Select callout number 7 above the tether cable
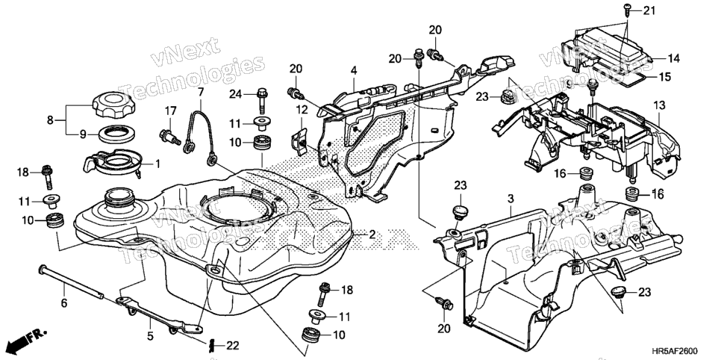point(201,92)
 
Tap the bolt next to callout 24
point(262,99)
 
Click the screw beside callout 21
point(627,9)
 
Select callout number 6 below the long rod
point(64,302)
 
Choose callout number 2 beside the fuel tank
point(372,235)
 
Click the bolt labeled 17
point(169,136)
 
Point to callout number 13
point(659,105)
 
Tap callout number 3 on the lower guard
point(511,199)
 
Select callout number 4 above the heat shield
point(354,71)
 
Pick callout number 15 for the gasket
point(665,77)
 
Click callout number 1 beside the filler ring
point(157,163)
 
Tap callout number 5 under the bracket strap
point(150,335)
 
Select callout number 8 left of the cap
point(50,120)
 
